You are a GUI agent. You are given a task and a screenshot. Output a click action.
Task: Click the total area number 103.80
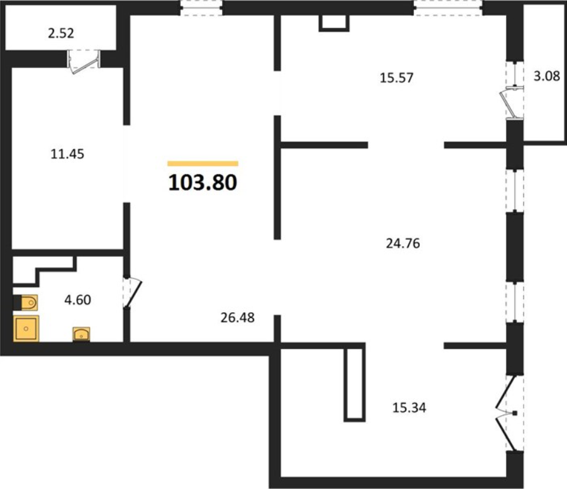tap(203, 183)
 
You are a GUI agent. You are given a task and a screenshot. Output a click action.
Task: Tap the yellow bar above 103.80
tap(203, 163)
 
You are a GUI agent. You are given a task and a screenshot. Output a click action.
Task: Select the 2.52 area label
tap(61, 33)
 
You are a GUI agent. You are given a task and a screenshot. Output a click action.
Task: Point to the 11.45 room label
tap(67, 154)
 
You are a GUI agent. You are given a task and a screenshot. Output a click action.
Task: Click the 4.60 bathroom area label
tap(77, 300)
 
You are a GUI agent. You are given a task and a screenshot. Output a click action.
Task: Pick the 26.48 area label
tap(237, 318)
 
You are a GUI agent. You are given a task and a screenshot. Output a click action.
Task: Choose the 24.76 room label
tap(403, 244)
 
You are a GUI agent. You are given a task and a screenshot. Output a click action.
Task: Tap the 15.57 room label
tap(396, 78)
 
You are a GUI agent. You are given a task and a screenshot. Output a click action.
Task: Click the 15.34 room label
tap(410, 408)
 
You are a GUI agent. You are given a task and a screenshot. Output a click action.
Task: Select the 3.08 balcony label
tap(547, 76)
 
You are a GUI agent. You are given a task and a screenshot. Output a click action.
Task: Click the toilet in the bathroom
tap(25, 303)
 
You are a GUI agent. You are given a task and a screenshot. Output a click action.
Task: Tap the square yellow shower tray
tap(26, 329)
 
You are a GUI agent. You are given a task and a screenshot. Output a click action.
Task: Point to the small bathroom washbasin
tap(81, 334)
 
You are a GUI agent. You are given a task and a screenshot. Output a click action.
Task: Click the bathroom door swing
tap(131, 293)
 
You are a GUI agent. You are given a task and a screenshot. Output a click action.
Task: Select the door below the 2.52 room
tap(84, 62)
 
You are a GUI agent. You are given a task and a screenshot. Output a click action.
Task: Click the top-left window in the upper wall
tap(201, 8)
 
